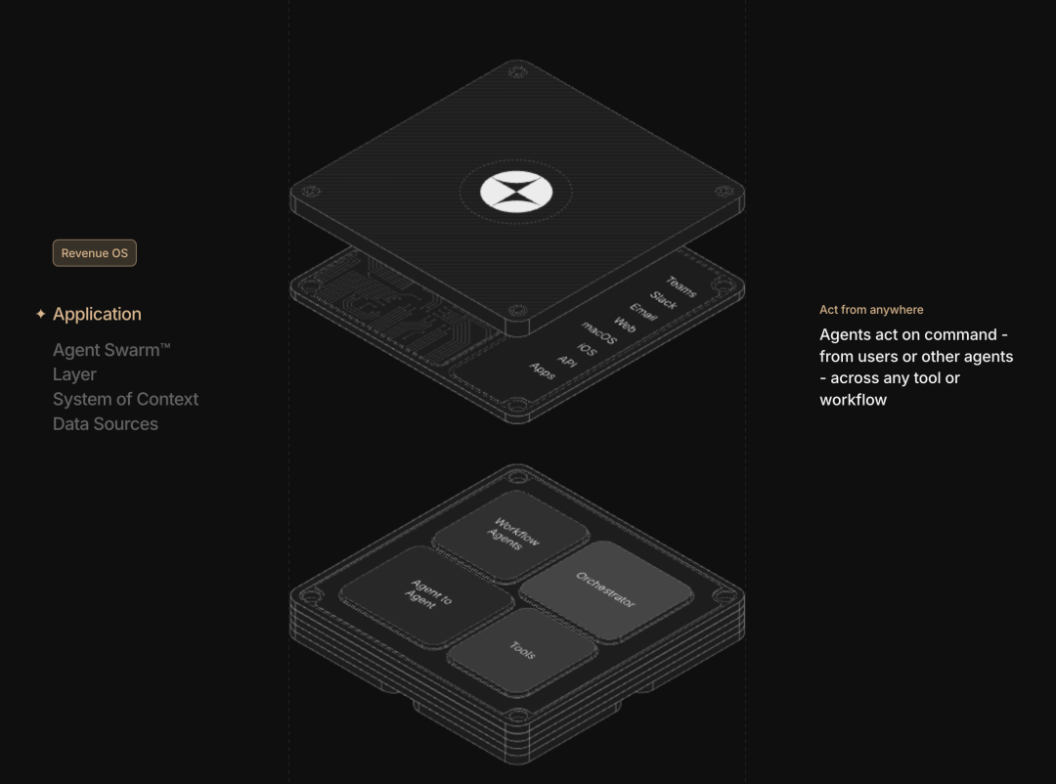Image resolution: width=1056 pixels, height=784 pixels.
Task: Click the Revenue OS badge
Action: (94, 253)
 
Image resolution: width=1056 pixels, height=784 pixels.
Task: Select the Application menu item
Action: (97, 314)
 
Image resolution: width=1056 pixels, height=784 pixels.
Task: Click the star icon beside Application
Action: (40, 314)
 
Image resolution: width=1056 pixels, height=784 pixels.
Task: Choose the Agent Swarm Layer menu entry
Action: (111, 363)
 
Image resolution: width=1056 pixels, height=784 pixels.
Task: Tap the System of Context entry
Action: (125, 400)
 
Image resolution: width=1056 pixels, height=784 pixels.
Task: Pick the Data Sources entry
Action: (105, 424)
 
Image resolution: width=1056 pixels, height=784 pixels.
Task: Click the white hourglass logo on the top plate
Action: (516, 192)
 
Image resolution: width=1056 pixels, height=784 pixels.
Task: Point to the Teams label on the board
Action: (681, 286)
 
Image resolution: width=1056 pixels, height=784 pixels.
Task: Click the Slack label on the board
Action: (663, 300)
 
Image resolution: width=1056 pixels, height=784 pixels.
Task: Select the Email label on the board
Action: (643, 312)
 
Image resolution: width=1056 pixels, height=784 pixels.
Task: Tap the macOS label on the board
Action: (598, 332)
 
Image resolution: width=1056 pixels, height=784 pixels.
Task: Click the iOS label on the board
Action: (587, 350)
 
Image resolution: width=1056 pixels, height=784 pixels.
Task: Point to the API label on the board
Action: (567, 362)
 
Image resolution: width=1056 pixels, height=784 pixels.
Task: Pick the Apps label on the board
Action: (542, 371)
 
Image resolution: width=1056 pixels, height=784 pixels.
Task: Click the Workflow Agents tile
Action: (511, 536)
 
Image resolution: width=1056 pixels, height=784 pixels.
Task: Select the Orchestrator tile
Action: (606, 590)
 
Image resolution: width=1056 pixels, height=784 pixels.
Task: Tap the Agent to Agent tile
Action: (426, 595)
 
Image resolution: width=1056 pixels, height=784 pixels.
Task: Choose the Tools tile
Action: (522, 650)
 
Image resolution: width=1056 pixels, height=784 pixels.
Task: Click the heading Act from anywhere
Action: (871, 310)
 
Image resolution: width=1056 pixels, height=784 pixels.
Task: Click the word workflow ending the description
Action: (854, 400)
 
